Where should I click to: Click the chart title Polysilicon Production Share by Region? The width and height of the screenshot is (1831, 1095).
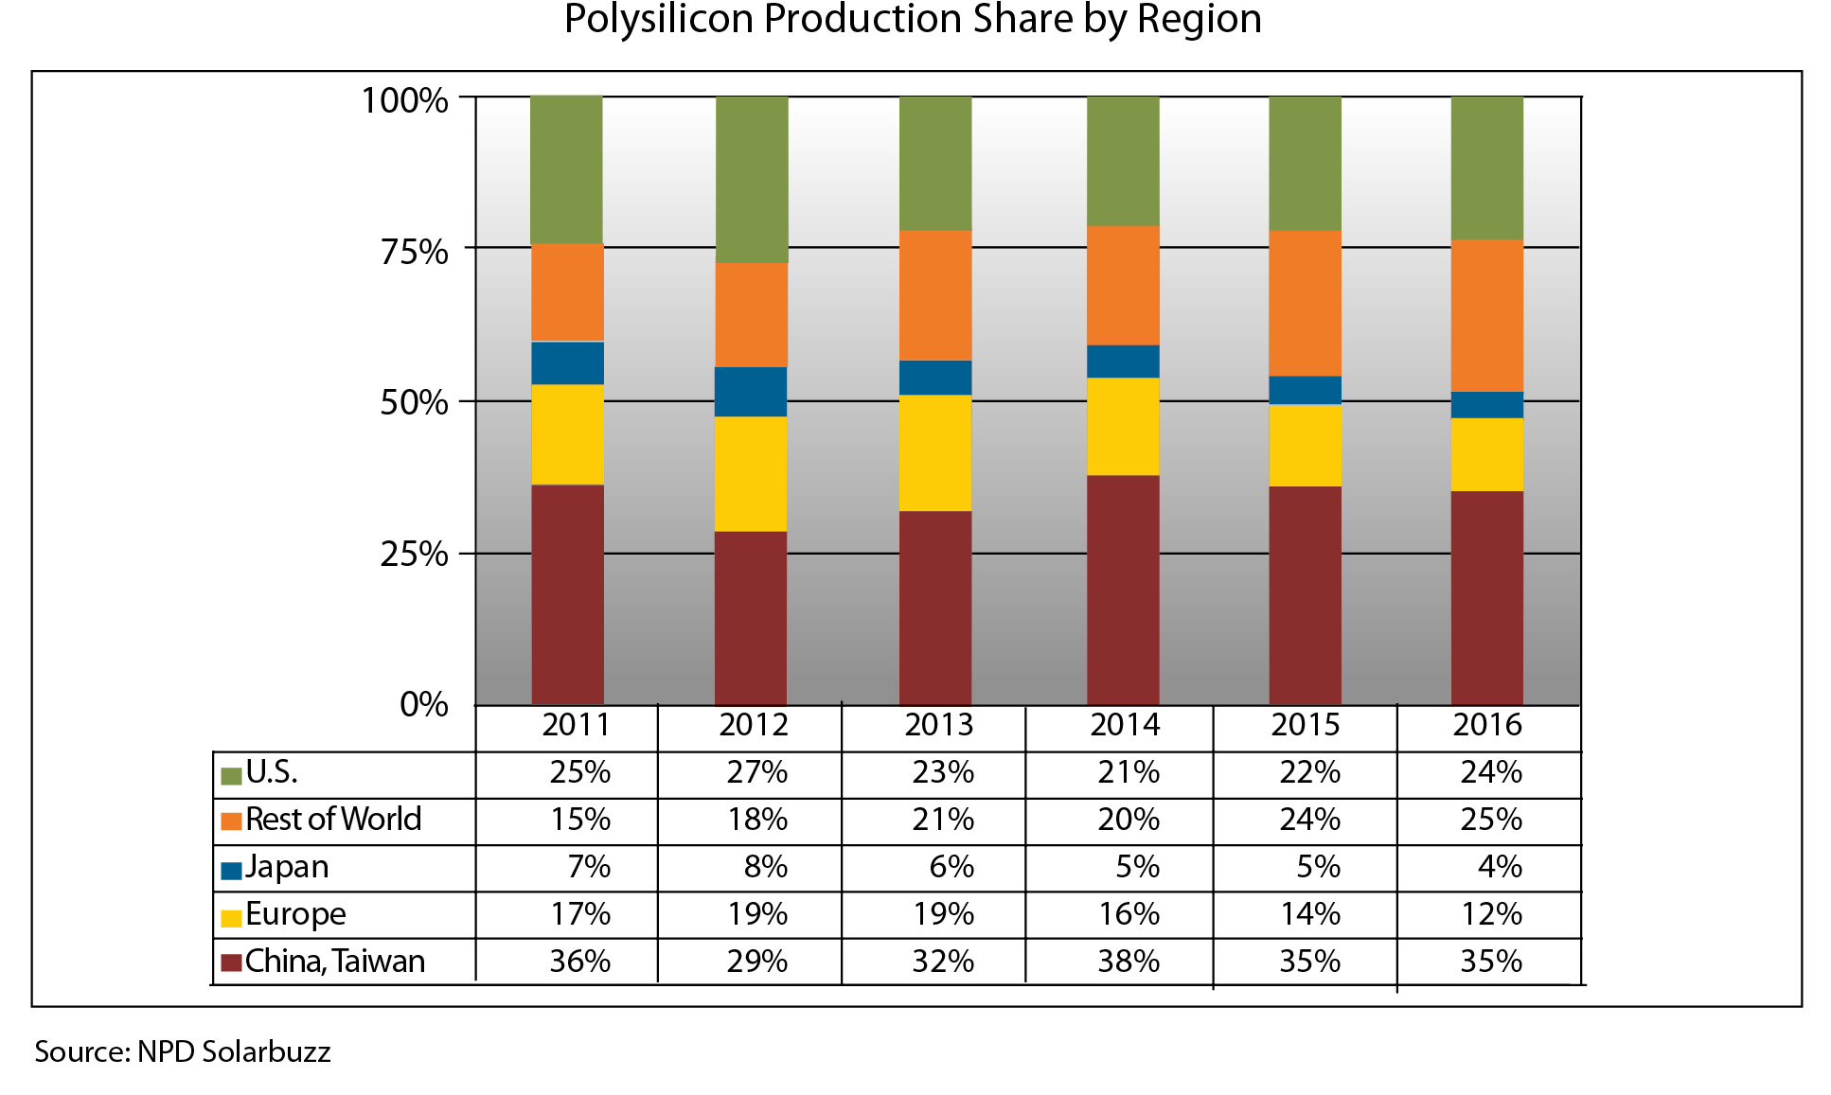coord(913,19)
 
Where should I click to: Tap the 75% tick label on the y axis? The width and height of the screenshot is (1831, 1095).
coord(414,252)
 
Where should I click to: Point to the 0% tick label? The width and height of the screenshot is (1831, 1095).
coord(423,704)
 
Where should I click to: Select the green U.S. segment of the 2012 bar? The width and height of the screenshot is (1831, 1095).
coord(752,180)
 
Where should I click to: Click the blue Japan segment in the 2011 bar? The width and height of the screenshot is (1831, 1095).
coord(567,363)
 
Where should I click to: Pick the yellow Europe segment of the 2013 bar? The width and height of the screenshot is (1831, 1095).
coord(935,452)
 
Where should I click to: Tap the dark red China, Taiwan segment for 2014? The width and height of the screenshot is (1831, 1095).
coord(1123,589)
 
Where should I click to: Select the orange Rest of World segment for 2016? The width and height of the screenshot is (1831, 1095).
coord(1486,315)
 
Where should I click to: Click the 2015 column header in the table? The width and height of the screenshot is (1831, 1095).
coord(1305,725)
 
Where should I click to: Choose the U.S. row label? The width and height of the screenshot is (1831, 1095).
coord(272,773)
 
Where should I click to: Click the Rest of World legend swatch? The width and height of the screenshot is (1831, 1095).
coord(231,821)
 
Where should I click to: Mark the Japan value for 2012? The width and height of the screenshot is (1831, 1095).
coord(765,867)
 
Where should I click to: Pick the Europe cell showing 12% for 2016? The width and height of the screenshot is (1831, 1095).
coord(1491,914)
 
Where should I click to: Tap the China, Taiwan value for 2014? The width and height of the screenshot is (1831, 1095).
coord(1129,962)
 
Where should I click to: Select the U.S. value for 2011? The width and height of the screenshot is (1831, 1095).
coord(579,773)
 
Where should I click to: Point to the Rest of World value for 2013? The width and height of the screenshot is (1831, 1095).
coord(943,820)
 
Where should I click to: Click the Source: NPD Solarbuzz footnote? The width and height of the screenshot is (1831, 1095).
coord(183,1052)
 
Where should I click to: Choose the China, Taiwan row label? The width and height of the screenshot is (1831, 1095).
coord(335,962)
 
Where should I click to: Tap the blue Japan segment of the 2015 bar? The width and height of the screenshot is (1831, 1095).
coord(1305,390)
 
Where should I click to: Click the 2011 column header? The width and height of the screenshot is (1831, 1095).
coord(576,725)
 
